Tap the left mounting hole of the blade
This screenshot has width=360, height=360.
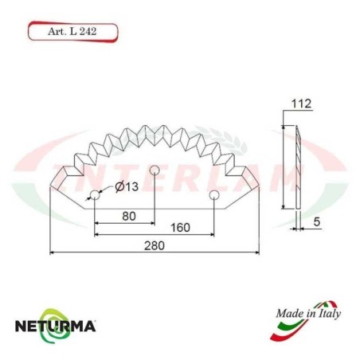pyautogui.click(x=95, y=195)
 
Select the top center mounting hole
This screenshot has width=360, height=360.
pyautogui.click(x=155, y=169)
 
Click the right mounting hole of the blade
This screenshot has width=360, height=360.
pyautogui.click(x=213, y=195)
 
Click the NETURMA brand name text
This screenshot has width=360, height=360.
pyautogui.click(x=56, y=326)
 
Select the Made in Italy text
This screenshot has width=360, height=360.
pyautogui.click(x=309, y=314)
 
